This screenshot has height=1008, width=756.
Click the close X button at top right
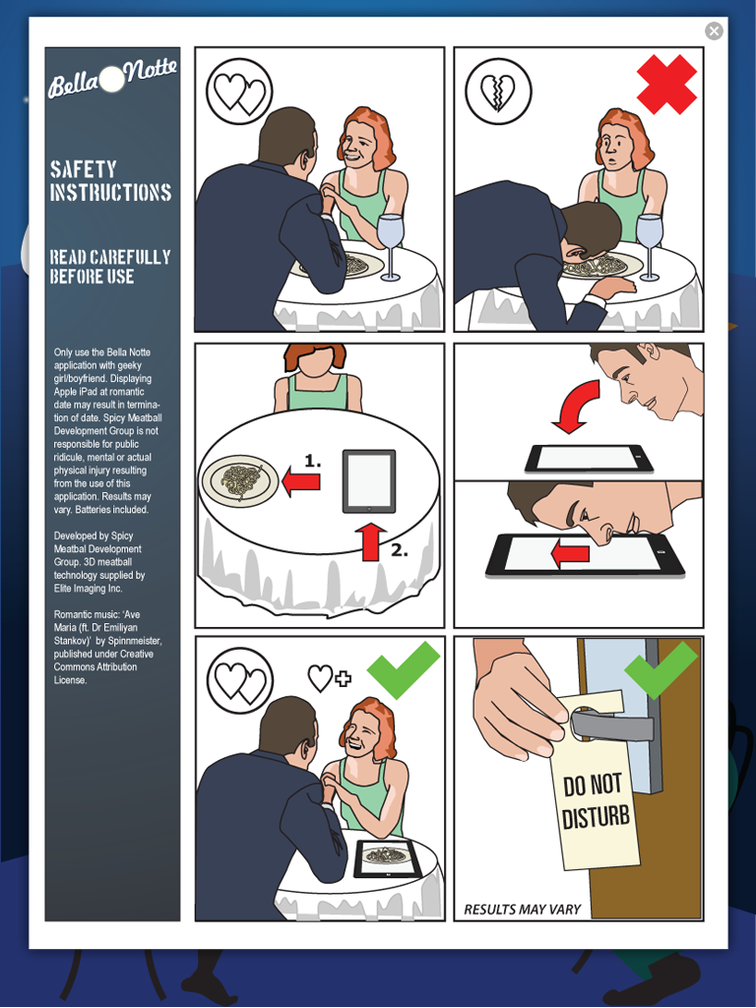[714, 31]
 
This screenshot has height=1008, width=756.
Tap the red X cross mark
[666, 85]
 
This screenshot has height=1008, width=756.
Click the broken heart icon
[498, 92]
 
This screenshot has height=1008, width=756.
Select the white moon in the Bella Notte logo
[112, 79]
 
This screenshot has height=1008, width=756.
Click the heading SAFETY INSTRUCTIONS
[110, 181]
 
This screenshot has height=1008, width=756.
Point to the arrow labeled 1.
[301, 481]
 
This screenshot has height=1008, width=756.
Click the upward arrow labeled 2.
[370, 541]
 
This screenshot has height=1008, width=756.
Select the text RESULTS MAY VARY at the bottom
[522, 909]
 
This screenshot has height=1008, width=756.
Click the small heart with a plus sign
[329, 677]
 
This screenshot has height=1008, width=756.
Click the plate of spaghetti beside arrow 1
[240, 481]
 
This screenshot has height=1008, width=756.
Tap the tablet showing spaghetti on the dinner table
[388, 858]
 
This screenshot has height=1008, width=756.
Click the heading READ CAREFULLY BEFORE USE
[110, 266]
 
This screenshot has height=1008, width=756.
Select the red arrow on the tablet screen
[570, 553]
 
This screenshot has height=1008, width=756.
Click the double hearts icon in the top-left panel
[239, 93]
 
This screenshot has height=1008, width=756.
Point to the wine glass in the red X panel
[650, 247]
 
